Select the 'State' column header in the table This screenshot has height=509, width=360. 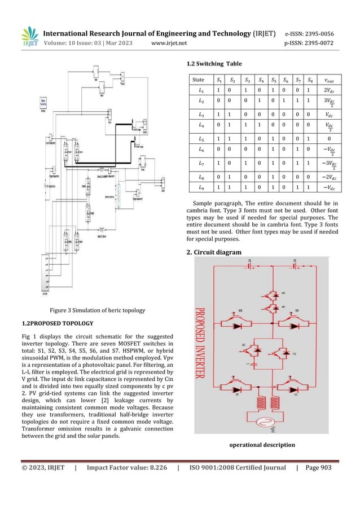click(199, 80)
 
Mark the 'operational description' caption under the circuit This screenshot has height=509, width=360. click(262, 445)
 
